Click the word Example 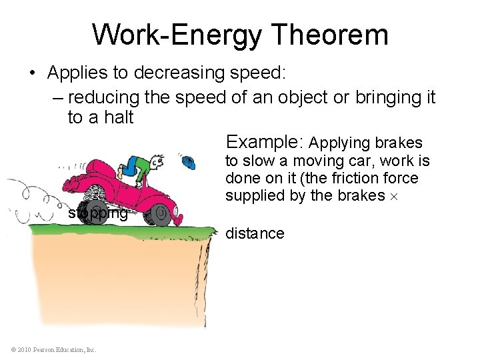[x=265, y=142]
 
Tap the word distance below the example [x=255, y=233]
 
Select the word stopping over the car [x=98, y=213]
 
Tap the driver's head [x=157, y=162]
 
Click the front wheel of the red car [x=160, y=215]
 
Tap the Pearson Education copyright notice [x=53, y=349]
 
